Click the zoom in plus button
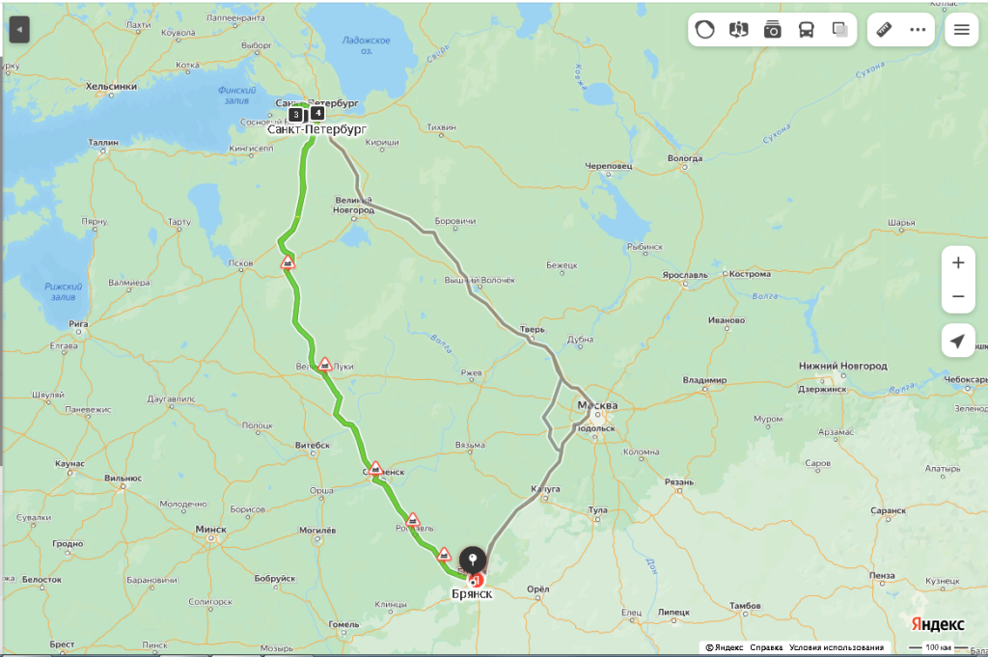point(957,262)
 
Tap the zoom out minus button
point(957,296)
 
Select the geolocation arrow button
point(957,342)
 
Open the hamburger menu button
point(961,29)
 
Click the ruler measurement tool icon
point(884,29)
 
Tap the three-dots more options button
point(918,29)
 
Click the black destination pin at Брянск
point(472,561)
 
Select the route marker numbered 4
point(317,112)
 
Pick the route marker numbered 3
point(295,114)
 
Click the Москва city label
point(597,404)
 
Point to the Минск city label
point(210,529)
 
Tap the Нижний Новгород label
point(842,366)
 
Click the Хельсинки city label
point(111,86)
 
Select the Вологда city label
point(684,158)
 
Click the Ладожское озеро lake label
point(367,44)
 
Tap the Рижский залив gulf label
point(64,291)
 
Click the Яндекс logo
point(938,624)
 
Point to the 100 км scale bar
point(938,647)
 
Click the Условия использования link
point(836,647)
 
